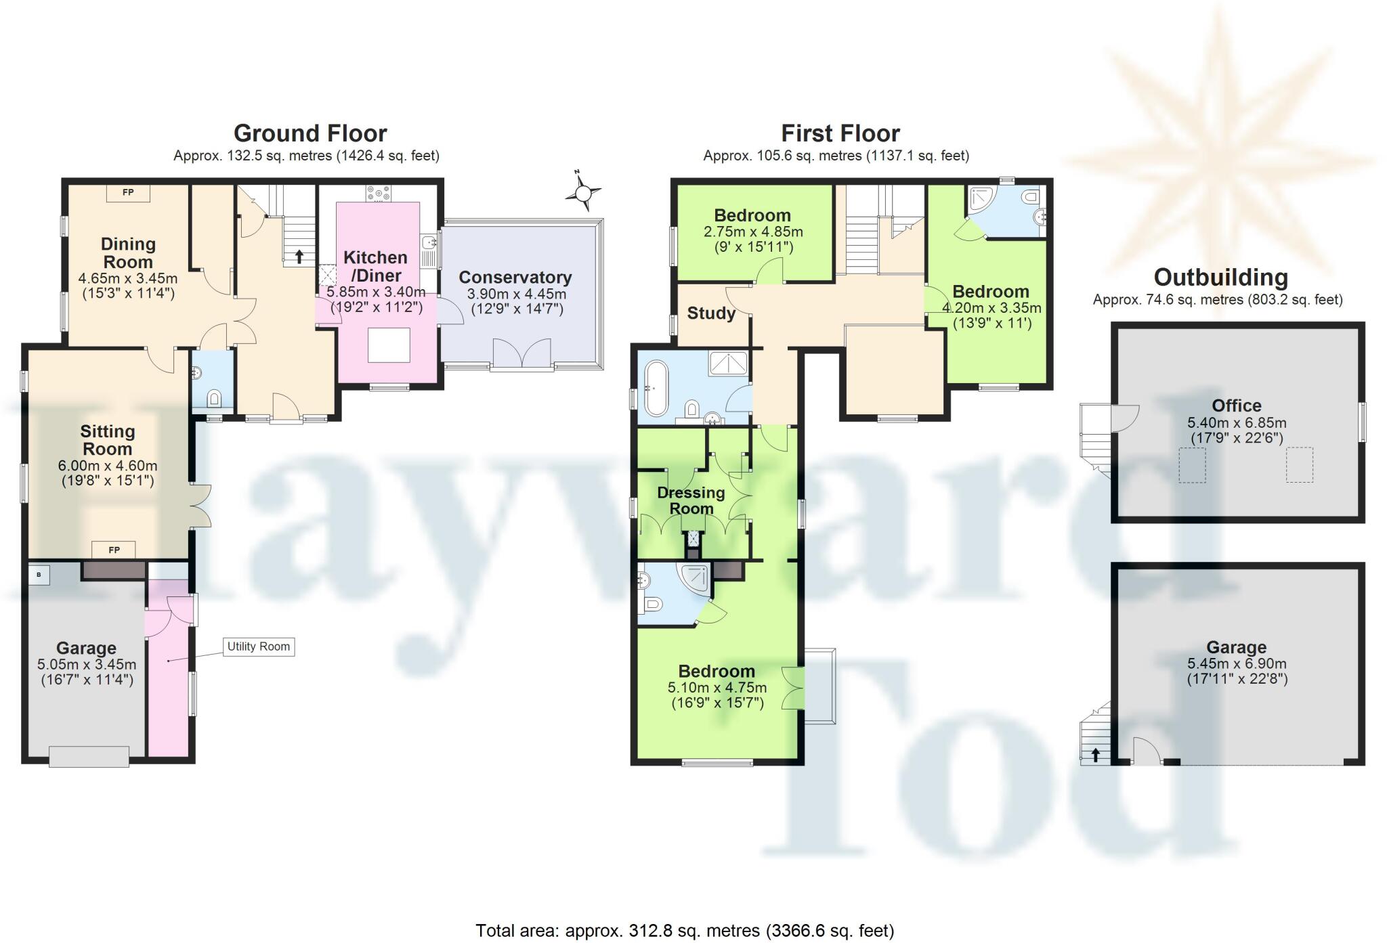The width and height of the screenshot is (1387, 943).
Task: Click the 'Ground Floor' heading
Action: tap(310, 133)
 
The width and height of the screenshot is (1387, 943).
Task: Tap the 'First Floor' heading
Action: tap(840, 133)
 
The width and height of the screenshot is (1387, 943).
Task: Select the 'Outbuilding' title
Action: tap(1220, 278)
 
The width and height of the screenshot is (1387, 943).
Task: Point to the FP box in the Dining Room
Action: tap(127, 193)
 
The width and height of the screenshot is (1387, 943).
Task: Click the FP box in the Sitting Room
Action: tap(114, 550)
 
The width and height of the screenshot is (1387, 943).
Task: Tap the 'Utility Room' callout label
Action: tap(259, 646)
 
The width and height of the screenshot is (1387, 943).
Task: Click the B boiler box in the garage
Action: tap(39, 575)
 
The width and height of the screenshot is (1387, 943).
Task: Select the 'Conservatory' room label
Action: tap(515, 278)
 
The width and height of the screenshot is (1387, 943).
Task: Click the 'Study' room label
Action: tap(711, 313)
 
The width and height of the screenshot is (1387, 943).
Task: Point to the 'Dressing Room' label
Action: tap(691, 500)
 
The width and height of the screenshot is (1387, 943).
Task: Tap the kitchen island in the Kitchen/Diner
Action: tap(389, 345)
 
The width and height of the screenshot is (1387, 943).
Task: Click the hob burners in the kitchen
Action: tap(379, 192)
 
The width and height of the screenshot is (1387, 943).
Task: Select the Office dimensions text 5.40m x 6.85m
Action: tap(1237, 423)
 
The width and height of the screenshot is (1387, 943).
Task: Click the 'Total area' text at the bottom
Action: tap(684, 931)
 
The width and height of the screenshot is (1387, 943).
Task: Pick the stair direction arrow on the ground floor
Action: tap(299, 257)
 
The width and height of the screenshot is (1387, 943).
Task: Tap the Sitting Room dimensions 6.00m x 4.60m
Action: tap(108, 466)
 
